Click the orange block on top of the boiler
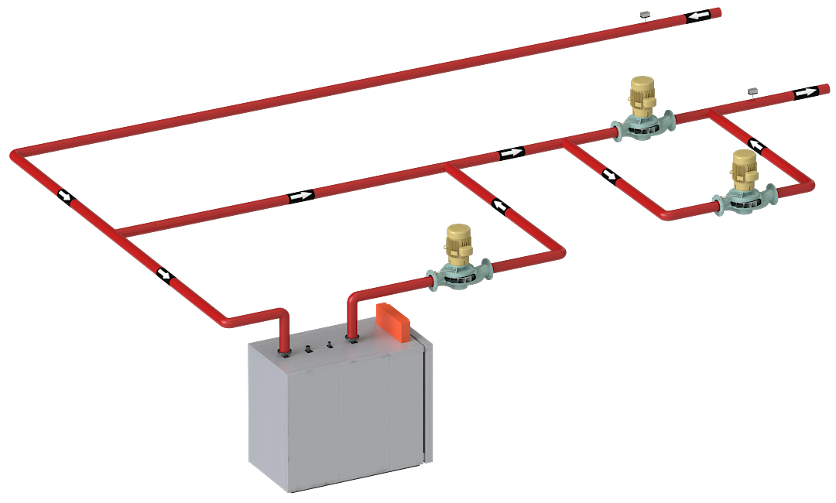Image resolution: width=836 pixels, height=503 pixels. point(393,323)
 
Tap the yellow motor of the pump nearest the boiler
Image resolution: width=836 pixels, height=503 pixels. point(458,239)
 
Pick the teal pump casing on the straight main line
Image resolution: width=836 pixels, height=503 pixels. point(642,126)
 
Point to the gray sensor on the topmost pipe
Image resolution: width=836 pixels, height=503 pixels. point(644,15)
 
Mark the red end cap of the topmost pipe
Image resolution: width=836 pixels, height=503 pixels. point(716,12)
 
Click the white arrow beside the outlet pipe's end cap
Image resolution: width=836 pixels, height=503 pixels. point(805,92)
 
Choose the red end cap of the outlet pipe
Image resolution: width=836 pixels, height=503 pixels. point(824,88)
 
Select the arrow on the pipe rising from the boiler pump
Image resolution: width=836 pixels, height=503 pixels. point(501,205)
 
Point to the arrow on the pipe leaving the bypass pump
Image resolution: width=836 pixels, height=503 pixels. point(755,144)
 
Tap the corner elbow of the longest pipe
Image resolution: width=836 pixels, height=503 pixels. point(15,156)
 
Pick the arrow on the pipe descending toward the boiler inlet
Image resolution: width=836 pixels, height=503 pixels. point(163,274)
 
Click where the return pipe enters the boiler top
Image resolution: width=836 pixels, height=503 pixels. point(284,351)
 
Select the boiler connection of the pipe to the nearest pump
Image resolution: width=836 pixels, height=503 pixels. point(353,337)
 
